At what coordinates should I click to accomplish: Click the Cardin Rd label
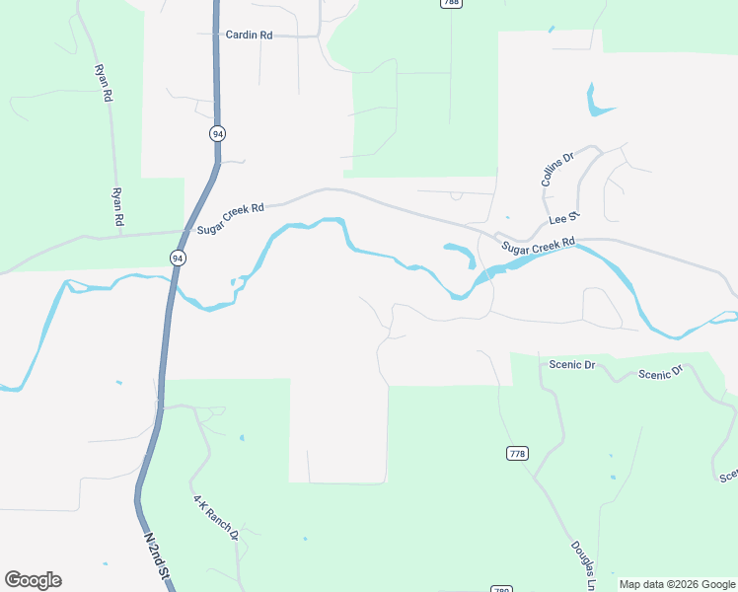[x=249, y=35]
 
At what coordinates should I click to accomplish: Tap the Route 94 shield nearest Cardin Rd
[x=216, y=132]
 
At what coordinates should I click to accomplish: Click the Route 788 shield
[x=451, y=3]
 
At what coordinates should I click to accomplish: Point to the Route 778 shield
[x=517, y=453]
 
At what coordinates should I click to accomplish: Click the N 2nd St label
[x=158, y=558]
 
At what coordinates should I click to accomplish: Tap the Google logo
[x=33, y=580]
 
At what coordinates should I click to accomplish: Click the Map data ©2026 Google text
[x=677, y=584]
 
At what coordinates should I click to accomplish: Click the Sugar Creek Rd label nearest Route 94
[x=231, y=217]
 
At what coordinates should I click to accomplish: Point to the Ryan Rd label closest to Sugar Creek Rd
[x=117, y=208]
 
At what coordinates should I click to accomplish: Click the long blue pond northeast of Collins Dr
[x=593, y=100]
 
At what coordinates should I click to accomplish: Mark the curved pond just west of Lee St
[x=461, y=253]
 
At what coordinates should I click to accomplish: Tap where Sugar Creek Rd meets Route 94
[x=184, y=232]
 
